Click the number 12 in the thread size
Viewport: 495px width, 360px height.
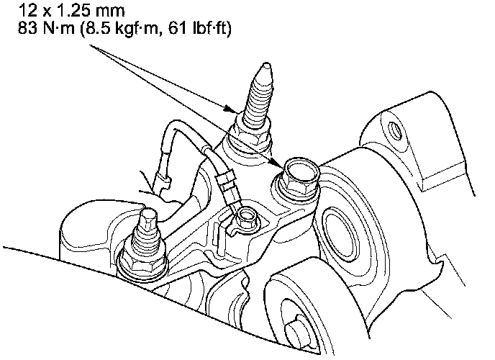click(x=27, y=10)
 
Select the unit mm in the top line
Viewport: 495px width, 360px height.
click(x=111, y=12)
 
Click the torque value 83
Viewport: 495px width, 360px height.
click(x=27, y=28)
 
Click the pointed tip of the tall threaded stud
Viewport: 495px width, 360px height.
click(x=266, y=64)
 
